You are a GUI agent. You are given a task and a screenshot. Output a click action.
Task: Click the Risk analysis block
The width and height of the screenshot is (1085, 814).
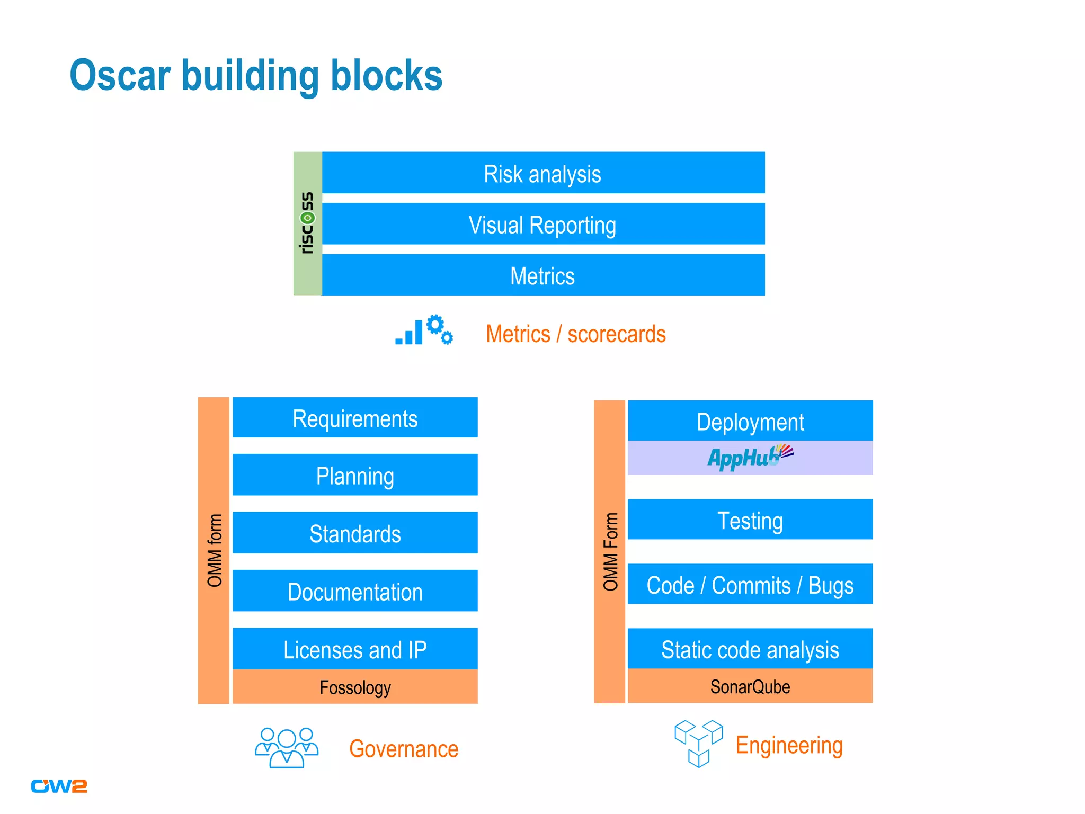pyautogui.click(x=543, y=173)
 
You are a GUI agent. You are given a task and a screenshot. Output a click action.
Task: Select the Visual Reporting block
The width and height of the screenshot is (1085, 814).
pyautogui.click(x=543, y=224)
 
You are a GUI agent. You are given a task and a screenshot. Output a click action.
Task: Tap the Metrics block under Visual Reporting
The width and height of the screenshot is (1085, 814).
pyautogui.click(x=543, y=275)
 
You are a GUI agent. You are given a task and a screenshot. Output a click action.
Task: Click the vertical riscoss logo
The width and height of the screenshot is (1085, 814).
pyautogui.click(x=307, y=223)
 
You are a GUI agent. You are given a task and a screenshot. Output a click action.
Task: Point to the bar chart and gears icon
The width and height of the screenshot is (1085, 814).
pyautogui.click(x=424, y=330)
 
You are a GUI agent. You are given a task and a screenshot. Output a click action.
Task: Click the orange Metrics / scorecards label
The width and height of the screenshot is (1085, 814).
pyautogui.click(x=575, y=334)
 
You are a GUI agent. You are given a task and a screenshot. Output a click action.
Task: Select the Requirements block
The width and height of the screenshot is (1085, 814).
pyautogui.click(x=355, y=418)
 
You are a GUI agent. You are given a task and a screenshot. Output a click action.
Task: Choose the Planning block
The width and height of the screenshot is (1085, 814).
pyautogui.click(x=355, y=475)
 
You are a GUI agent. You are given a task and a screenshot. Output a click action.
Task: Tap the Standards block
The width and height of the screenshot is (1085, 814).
pyautogui.click(x=355, y=533)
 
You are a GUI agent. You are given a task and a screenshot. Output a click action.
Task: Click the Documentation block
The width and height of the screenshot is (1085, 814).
pyautogui.click(x=355, y=591)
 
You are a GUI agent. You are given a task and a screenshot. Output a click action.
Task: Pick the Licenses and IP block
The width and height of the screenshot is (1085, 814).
pyautogui.click(x=355, y=649)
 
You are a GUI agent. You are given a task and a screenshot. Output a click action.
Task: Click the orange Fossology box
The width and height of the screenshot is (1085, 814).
pyautogui.click(x=355, y=687)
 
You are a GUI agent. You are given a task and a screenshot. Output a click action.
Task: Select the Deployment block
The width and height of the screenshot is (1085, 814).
pyautogui.click(x=750, y=421)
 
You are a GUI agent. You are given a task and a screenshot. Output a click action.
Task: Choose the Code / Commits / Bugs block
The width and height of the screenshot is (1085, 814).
pyautogui.click(x=750, y=584)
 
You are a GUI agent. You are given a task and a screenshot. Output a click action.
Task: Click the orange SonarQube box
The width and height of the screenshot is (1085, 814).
pyautogui.click(x=750, y=686)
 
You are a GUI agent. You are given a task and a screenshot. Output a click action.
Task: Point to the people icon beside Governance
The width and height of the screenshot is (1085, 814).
pyautogui.click(x=287, y=747)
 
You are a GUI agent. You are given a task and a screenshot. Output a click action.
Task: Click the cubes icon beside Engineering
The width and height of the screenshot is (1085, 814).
pyautogui.click(x=698, y=743)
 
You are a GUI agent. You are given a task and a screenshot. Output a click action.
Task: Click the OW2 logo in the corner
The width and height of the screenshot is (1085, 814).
pyautogui.click(x=59, y=786)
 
